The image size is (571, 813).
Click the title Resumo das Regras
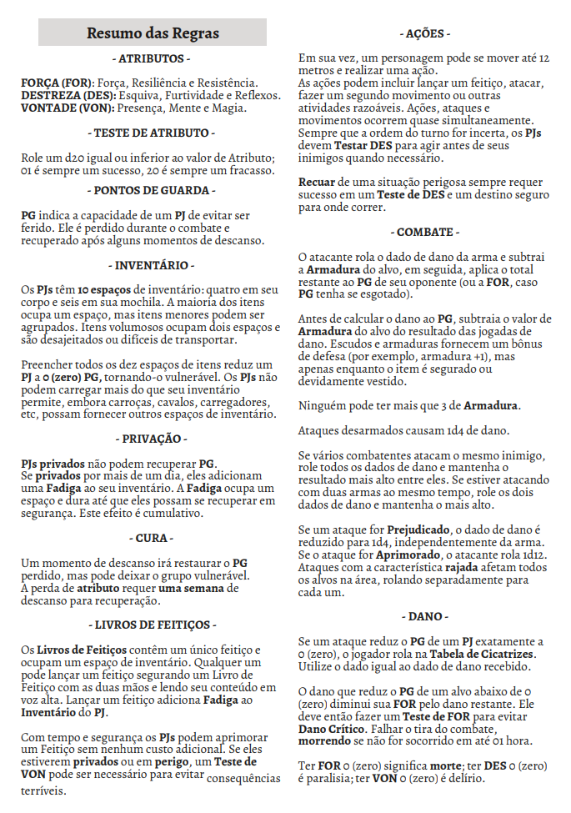click(x=153, y=33)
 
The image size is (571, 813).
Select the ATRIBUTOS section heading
click(x=153, y=60)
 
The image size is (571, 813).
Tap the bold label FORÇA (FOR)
click(x=58, y=83)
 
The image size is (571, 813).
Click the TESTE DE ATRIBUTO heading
click(x=153, y=133)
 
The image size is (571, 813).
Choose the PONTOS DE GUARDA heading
click(x=153, y=191)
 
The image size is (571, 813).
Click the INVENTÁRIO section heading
click(x=153, y=266)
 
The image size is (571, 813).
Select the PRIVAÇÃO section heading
click(x=153, y=438)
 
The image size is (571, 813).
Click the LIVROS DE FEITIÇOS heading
click(x=153, y=625)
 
